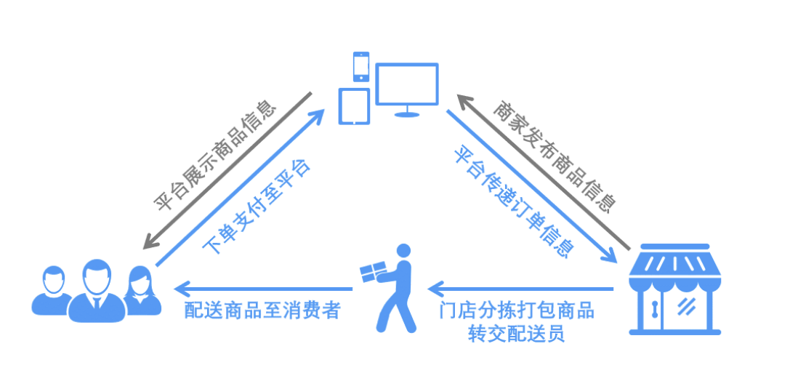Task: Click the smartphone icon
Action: coord(360,66)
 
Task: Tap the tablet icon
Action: coord(354,106)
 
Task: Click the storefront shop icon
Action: coord(675,289)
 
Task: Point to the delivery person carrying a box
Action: coord(391,288)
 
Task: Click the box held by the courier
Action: coord(372,273)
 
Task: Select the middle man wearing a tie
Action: coord(97,290)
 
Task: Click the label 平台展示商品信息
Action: coord(215,158)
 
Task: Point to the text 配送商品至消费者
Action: coord(262,310)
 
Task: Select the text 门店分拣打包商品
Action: coord(517,310)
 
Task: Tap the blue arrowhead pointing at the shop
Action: coord(609,254)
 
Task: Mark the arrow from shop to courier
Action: coord(520,289)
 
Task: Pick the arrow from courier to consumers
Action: coord(263,289)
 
